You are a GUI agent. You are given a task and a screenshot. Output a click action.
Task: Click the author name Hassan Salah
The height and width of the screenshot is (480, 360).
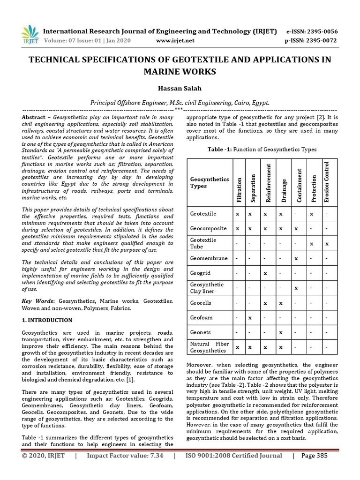[x=180, y=88]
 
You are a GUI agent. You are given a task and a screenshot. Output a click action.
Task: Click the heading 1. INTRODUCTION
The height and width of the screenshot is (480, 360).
[x=47, y=320]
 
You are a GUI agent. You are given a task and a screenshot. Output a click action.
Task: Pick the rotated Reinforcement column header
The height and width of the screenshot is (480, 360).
[x=268, y=183]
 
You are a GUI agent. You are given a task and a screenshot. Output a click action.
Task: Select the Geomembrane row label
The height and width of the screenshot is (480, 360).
[x=209, y=258]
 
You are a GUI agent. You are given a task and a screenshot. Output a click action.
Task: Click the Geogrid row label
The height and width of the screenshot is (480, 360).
[x=201, y=273]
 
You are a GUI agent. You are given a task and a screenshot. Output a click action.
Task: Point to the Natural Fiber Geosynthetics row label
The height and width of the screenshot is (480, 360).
[x=210, y=347]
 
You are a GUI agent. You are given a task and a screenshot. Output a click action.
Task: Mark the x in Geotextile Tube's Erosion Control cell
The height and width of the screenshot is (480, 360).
[x=327, y=243]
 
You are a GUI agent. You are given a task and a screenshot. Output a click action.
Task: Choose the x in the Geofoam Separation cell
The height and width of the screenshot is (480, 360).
[x=251, y=317]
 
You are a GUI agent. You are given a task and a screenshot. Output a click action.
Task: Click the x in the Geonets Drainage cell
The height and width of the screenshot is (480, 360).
[x=280, y=332]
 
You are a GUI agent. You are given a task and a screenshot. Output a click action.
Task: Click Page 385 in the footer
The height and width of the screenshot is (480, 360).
[x=315, y=456]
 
